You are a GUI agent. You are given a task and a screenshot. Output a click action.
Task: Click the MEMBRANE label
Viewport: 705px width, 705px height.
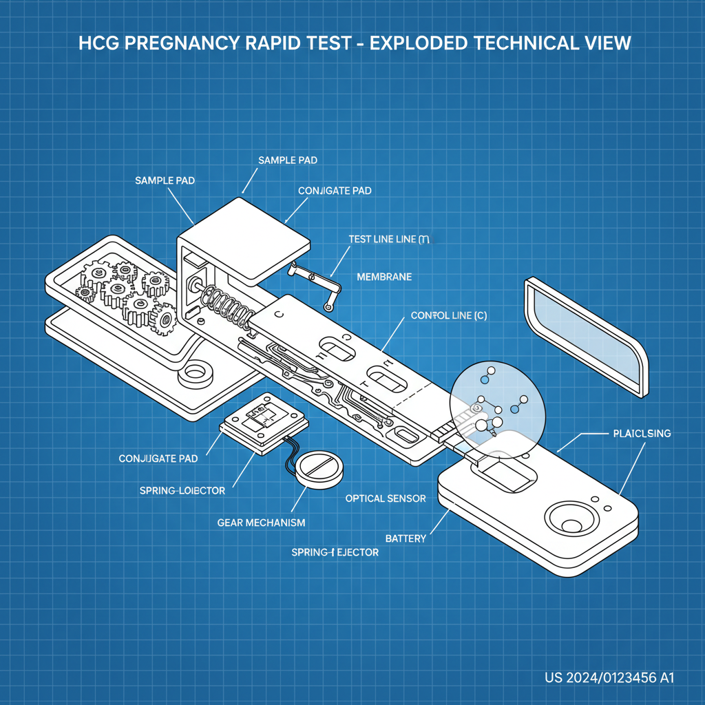(384, 277)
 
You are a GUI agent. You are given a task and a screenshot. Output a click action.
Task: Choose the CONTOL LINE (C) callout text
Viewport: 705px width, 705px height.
(449, 315)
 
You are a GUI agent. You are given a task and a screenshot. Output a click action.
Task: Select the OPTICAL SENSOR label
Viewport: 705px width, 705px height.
(386, 498)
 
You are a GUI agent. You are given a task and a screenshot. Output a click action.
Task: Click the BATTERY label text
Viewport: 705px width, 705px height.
(406, 538)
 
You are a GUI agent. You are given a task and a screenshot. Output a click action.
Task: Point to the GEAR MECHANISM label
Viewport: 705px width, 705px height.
(261, 523)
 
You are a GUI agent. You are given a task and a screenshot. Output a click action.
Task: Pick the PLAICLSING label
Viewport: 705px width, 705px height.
(641, 434)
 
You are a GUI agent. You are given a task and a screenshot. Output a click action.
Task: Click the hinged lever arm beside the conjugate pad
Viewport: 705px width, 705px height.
(321, 282)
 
